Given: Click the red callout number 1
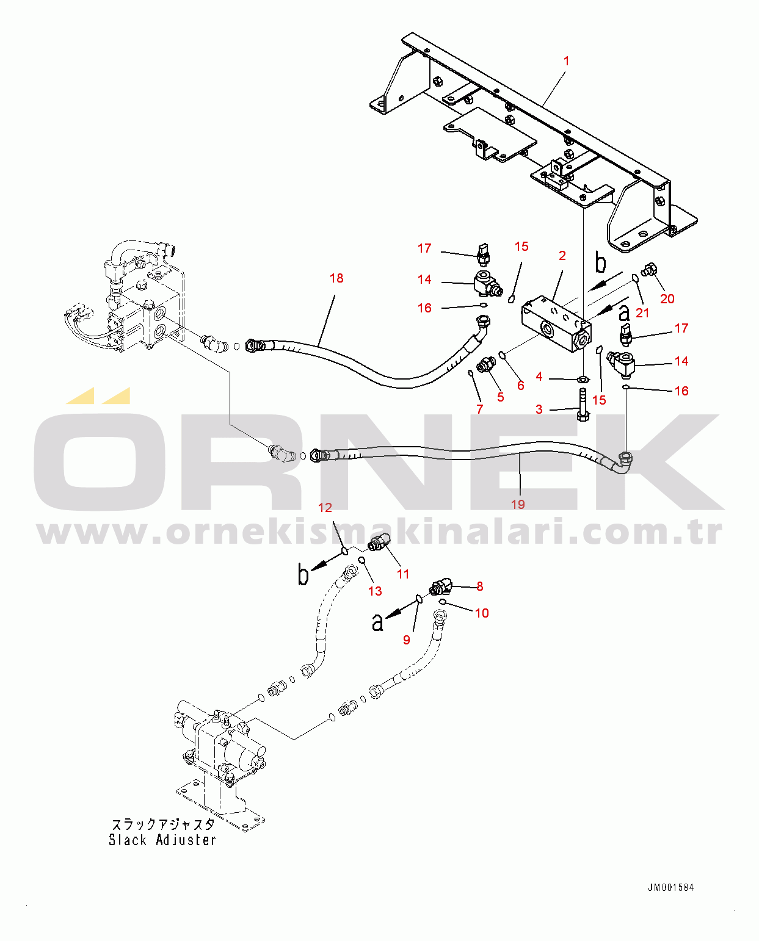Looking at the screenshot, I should click(566, 61).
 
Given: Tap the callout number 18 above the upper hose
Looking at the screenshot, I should click(336, 278).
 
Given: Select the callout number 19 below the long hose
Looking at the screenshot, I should click(518, 504).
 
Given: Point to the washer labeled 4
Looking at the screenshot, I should click(583, 380).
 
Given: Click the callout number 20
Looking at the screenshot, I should click(667, 299).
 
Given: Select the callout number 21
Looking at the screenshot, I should click(642, 312).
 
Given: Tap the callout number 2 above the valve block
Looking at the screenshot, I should click(562, 256).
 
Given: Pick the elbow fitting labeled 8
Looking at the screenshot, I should click(441, 588).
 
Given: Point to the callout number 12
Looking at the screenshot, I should click(325, 508).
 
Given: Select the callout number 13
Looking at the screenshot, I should click(375, 591).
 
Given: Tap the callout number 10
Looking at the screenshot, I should click(482, 613).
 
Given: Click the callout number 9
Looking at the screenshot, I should click(407, 640).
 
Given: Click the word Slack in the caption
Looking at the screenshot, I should click(128, 840).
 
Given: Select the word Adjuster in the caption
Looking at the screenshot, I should click(186, 840).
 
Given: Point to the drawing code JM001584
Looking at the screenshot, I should click(670, 888).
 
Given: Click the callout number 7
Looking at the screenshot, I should click(480, 409).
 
